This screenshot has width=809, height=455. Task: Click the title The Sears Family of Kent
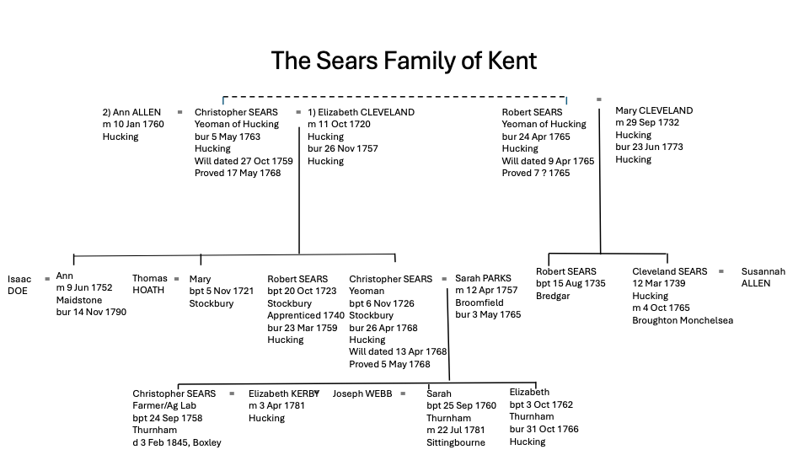404,61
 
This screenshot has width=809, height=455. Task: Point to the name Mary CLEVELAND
654,110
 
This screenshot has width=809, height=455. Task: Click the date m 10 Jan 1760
133,124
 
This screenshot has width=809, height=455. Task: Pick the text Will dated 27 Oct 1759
244,161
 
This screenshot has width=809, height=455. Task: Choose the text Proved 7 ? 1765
536,173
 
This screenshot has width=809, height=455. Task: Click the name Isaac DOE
19,285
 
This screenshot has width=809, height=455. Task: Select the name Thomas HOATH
149,285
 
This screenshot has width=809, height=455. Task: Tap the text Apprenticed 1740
306,316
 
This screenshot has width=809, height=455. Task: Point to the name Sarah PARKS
483,278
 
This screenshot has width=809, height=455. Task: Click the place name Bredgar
553,296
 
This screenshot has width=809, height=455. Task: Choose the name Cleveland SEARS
670,271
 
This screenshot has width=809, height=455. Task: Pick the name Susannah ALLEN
763,277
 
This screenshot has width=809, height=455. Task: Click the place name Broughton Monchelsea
683,320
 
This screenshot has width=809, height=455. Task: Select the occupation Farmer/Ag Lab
167,405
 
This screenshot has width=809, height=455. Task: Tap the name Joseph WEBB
362,393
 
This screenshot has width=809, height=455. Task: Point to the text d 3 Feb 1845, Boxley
177,442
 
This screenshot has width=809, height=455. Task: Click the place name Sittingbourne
456,442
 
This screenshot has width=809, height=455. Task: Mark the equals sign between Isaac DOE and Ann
47,278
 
